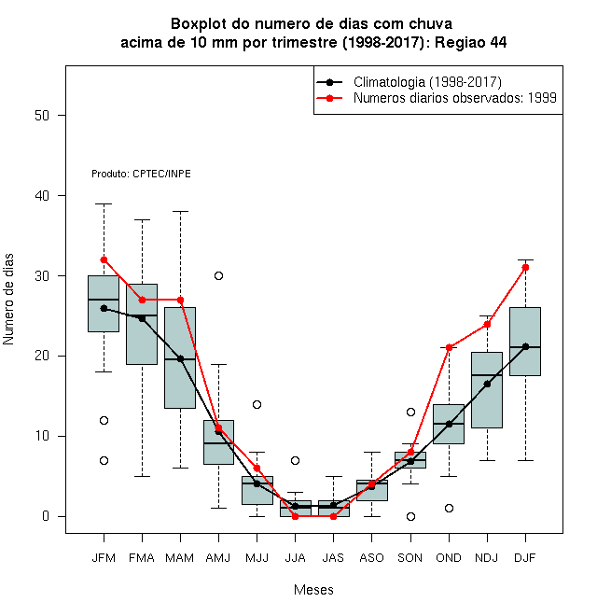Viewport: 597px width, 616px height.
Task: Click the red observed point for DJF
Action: click(x=525, y=268)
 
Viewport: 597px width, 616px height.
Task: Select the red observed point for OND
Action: click(x=449, y=348)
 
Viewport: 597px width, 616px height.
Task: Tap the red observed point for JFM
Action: click(x=104, y=260)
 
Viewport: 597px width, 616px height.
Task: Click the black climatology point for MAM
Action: click(x=180, y=358)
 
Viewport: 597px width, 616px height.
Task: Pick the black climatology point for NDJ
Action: click(x=487, y=384)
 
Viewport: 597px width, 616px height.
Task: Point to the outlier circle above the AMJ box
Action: click(x=219, y=275)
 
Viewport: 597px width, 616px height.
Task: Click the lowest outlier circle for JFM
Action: click(x=104, y=460)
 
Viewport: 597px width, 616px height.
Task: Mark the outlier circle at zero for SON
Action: click(x=410, y=516)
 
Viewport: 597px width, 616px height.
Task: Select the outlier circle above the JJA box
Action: click(x=296, y=460)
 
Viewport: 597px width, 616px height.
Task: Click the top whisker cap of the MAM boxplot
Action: click(x=180, y=211)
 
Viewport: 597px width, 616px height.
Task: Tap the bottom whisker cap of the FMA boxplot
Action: click(x=142, y=476)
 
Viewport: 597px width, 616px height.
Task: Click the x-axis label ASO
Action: click(x=371, y=558)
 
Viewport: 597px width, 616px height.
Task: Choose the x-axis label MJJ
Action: click(x=257, y=558)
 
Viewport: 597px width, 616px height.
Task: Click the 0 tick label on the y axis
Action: click(x=46, y=516)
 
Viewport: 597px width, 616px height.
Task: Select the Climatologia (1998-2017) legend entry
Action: click(x=409, y=82)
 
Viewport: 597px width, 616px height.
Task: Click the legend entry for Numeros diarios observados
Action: click(x=437, y=98)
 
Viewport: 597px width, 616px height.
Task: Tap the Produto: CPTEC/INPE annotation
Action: click(x=141, y=174)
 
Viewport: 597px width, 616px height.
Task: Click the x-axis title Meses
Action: click(x=313, y=590)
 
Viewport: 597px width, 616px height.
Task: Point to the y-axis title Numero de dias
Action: click(x=8, y=300)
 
